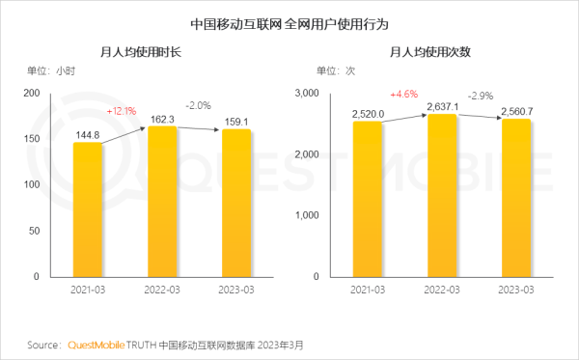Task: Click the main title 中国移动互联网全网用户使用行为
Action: point(289,21)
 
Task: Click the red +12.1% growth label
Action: point(123,110)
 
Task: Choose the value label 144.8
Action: point(88,134)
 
